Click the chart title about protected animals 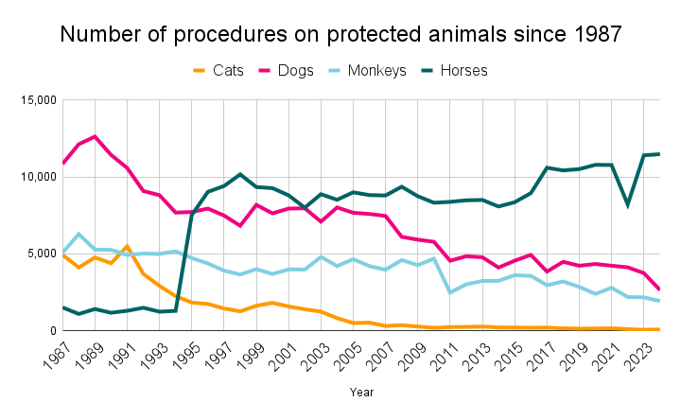(340, 35)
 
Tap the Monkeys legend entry (377, 70)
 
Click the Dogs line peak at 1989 (95, 136)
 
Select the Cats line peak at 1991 (127, 246)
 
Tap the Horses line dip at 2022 (628, 204)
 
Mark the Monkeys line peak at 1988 (79, 234)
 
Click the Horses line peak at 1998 (240, 174)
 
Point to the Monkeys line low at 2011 (450, 292)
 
